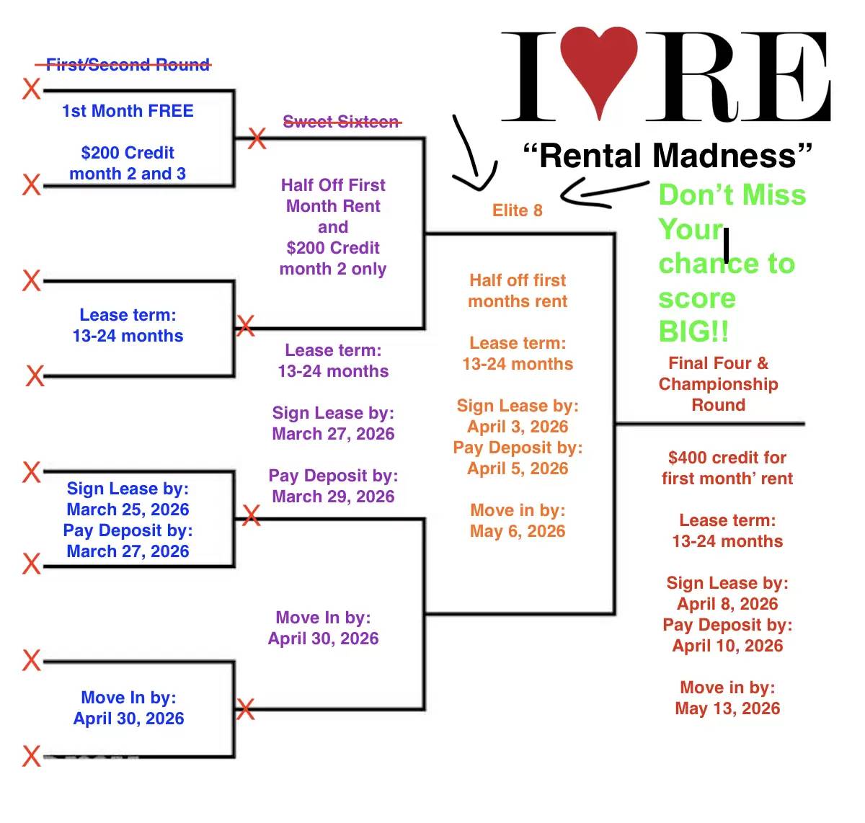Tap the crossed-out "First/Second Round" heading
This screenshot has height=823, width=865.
pos(128,65)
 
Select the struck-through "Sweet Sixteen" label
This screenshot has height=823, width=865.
pos(341,122)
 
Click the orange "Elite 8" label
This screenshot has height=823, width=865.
pos(517,210)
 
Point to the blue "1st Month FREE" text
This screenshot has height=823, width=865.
pos(128,111)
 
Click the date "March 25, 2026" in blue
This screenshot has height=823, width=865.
pos(128,510)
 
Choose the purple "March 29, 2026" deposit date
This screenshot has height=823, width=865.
pos(333,497)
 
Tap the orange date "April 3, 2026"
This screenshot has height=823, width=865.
pos(518,427)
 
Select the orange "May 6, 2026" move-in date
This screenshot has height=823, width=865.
pos(518,531)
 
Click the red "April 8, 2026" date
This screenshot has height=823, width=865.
pos(727,604)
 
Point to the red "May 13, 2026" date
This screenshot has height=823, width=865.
pos(727,708)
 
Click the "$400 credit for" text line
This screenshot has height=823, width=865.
pos(727,458)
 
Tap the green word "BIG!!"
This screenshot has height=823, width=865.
pos(693,332)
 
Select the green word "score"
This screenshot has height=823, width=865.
pos(697,298)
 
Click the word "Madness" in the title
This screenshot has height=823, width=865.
pos(725,156)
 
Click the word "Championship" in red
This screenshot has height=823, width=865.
pos(718,384)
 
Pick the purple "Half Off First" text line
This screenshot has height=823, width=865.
pos(333,185)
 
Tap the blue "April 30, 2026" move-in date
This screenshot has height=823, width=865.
pos(128,719)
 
